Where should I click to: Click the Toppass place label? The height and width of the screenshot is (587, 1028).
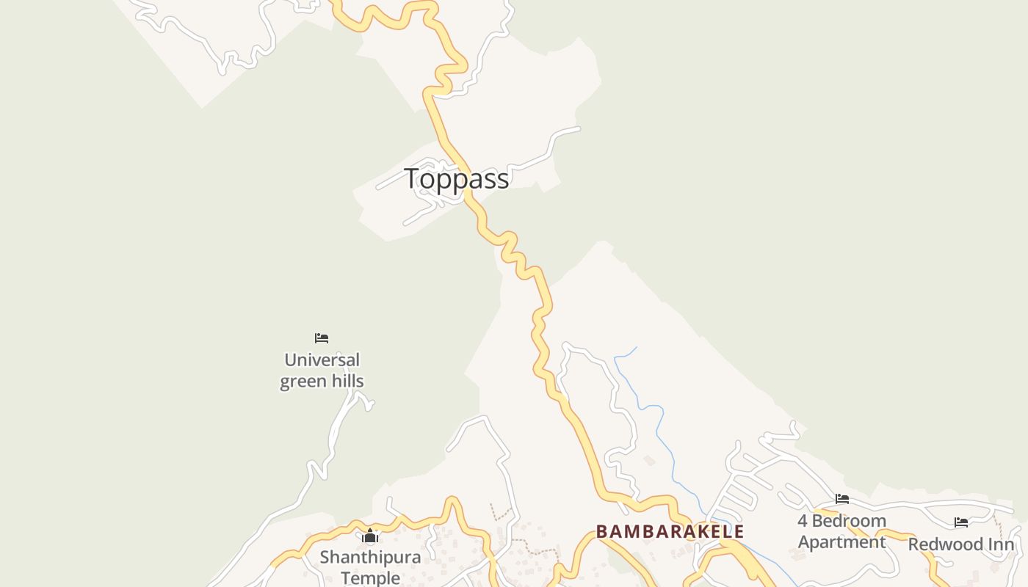(x=456, y=178)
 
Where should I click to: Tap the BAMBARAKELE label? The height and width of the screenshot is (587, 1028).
(x=670, y=531)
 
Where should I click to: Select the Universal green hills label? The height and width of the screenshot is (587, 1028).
(x=322, y=371)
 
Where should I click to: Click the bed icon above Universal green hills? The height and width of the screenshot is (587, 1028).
(x=322, y=338)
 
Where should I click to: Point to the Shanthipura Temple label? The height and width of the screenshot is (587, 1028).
(x=370, y=567)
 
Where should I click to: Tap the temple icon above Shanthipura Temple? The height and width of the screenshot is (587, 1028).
(x=370, y=537)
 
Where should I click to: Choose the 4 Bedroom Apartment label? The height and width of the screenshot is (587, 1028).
(x=841, y=531)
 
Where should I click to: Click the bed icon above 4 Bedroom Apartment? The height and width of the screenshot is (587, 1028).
(x=842, y=499)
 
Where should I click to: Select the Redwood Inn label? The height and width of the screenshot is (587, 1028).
(x=961, y=544)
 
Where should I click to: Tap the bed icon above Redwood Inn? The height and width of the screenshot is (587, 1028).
(x=961, y=522)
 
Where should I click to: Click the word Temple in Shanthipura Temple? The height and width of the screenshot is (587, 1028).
(x=370, y=578)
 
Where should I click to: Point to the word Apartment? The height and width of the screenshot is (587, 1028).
(x=841, y=542)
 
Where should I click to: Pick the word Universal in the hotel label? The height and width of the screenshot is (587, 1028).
(x=322, y=360)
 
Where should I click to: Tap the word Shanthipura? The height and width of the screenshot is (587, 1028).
(x=370, y=557)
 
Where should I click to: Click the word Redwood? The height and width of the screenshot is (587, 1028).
(x=945, y=544)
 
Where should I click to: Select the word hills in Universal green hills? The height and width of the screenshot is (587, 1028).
(x=347, y=382)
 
